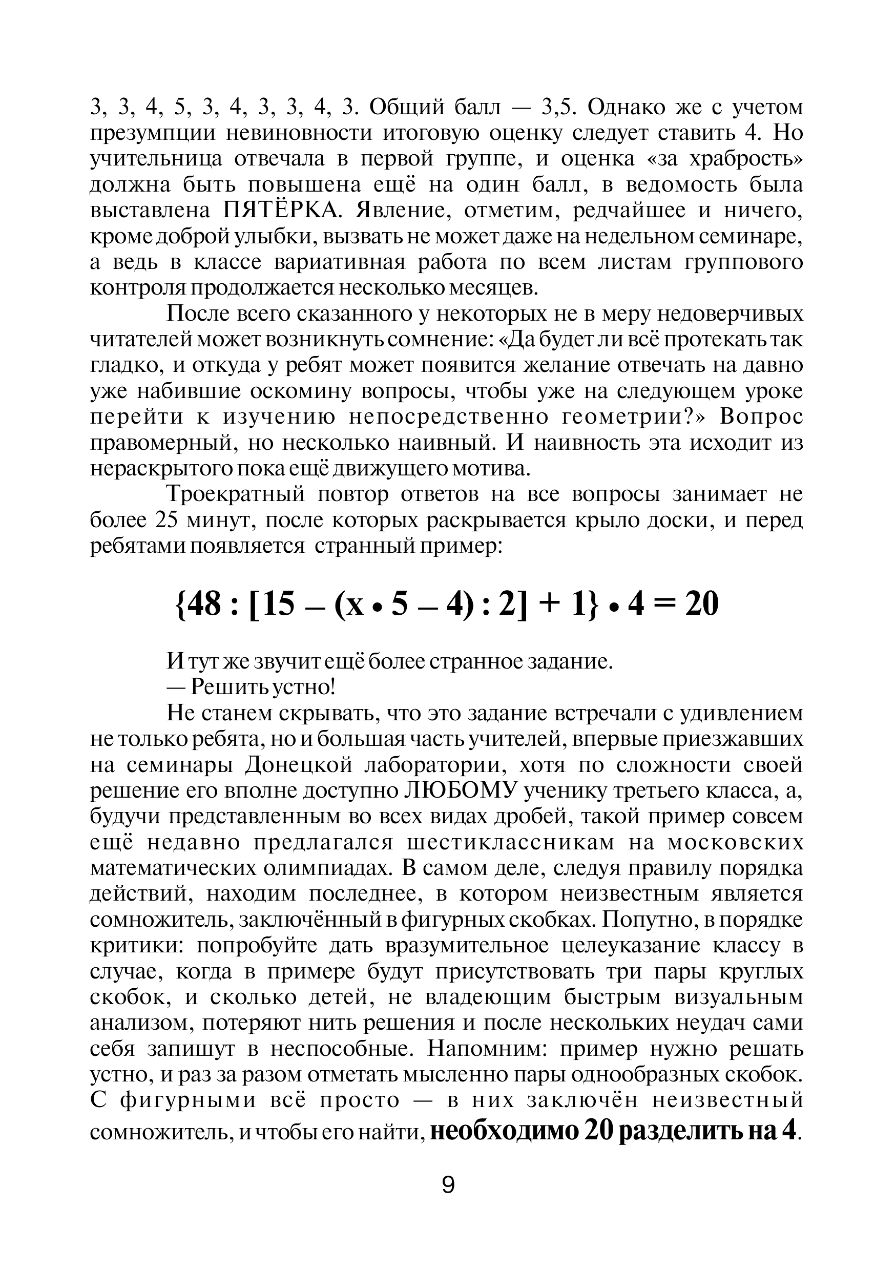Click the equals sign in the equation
pos(664,604)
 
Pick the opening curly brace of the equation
pos(178,604)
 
